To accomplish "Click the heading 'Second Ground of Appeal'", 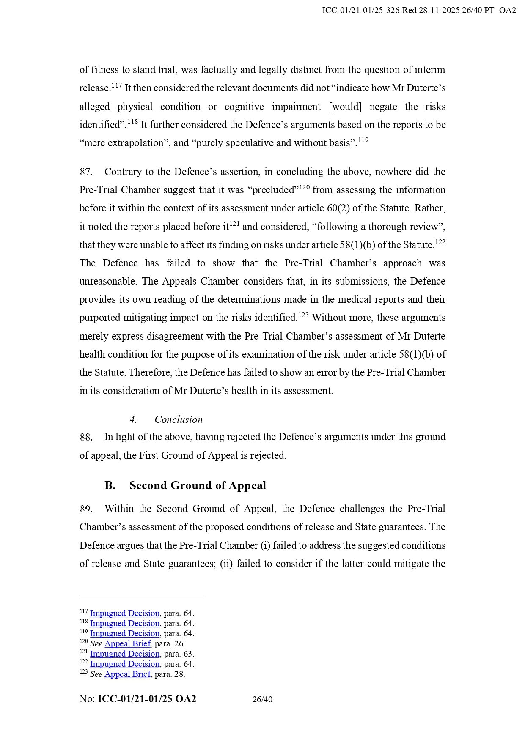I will pyautogui.click(x=198, y=485).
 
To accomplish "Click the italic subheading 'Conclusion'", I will pyautogui.click(x=178, y=419).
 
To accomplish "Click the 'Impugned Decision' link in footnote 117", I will pyautogui.click(x=124, y=613).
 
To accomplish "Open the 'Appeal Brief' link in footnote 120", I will pyautogui.click(x=127, y=644).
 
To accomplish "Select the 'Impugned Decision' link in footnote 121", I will pyautogui.click(x=124, y=654).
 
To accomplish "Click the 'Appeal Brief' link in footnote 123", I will pyautogui.click(x=127, y=674).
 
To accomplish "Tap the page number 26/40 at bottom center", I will pyautogui.click(x=262, y=700).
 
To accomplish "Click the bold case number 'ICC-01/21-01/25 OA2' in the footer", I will pyautogui.click(x=146, y=699).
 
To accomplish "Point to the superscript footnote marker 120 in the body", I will pyautogui.click(x=304, y=187).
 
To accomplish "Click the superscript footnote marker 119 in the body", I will pyautogui.click(x=363, y=140).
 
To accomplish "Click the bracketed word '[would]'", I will pyautogui.click(x=345, y=107).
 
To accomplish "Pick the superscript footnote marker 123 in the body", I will pyautogui.click(x=303, y=315).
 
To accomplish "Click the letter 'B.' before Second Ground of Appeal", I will pyautogui.click(x=110, y=485).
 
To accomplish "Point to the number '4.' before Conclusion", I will pyautogui.click(x=133, y=419).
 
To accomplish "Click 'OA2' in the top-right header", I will pyautogui.click(x=507, y=11).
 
